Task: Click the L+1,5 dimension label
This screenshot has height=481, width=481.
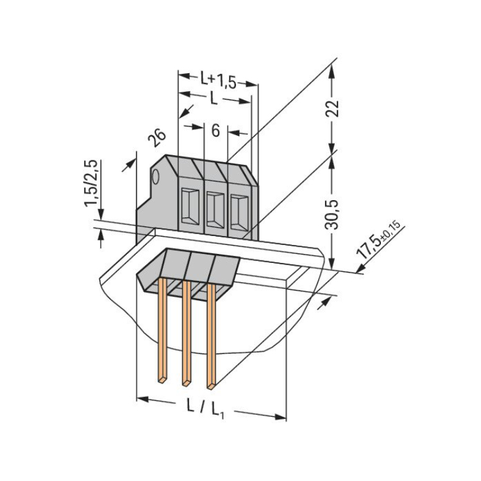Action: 218,80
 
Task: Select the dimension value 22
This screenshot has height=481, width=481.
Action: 332,108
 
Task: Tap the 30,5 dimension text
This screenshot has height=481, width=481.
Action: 332,214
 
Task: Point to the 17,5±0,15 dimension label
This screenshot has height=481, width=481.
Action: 378,239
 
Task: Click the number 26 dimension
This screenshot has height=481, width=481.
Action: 156,138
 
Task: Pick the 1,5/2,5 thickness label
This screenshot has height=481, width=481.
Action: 91,183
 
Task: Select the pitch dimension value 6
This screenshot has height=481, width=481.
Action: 215,131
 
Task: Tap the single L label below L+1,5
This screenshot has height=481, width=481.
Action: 214,99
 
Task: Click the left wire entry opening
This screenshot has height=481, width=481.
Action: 190,206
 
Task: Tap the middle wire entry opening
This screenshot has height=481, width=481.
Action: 215,210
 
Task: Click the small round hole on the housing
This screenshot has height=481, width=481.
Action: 156,177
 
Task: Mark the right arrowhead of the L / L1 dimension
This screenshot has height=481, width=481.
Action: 281,417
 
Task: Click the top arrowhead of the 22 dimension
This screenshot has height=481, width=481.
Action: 332,72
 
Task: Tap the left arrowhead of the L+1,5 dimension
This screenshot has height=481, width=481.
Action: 184,76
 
